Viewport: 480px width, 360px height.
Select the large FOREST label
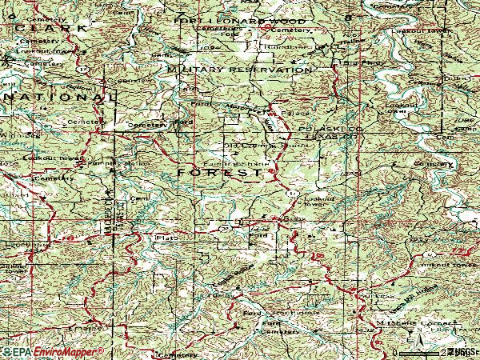point(219,173)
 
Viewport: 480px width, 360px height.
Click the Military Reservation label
point(240,70)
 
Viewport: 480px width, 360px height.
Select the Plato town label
point(166,238)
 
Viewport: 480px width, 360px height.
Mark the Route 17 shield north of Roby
point(292,194)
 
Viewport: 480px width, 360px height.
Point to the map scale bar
point(432,352)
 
